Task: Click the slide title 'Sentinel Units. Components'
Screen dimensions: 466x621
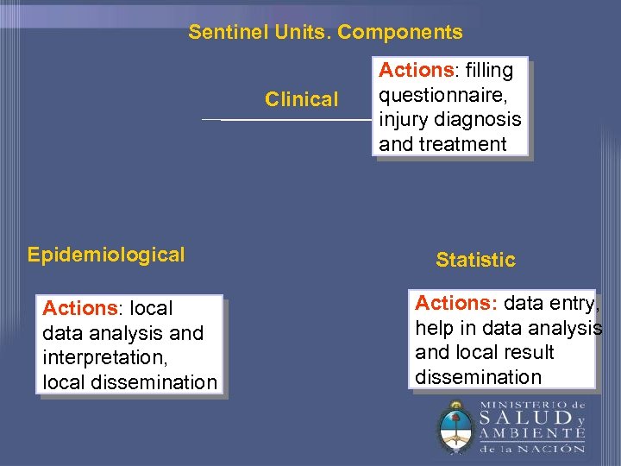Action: click(x=325, y=33)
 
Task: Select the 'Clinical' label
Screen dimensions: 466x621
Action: click(x=301, y=99)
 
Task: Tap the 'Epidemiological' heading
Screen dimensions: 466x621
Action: click(x=106, y=255)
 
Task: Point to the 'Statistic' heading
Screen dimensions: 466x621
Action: click(x=475, y=260)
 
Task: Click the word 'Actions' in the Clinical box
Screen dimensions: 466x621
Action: click(x=416, y=70)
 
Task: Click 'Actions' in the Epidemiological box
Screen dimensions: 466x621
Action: click(x=79, y=308)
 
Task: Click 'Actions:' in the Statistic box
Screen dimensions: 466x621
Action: click(x=456, y=303)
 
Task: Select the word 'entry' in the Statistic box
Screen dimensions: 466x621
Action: click(x=572, y=303)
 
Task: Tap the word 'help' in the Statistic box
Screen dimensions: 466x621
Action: click(x=434, y=328)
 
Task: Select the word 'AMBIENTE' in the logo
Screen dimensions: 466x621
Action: click(x=532, y=434)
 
